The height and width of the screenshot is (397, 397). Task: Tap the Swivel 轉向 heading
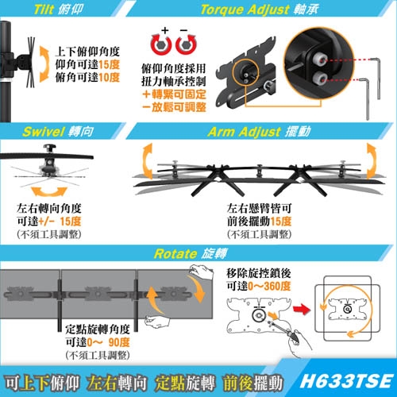[x=59, y=131]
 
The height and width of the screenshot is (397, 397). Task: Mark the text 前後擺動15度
[x=260, y=221]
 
